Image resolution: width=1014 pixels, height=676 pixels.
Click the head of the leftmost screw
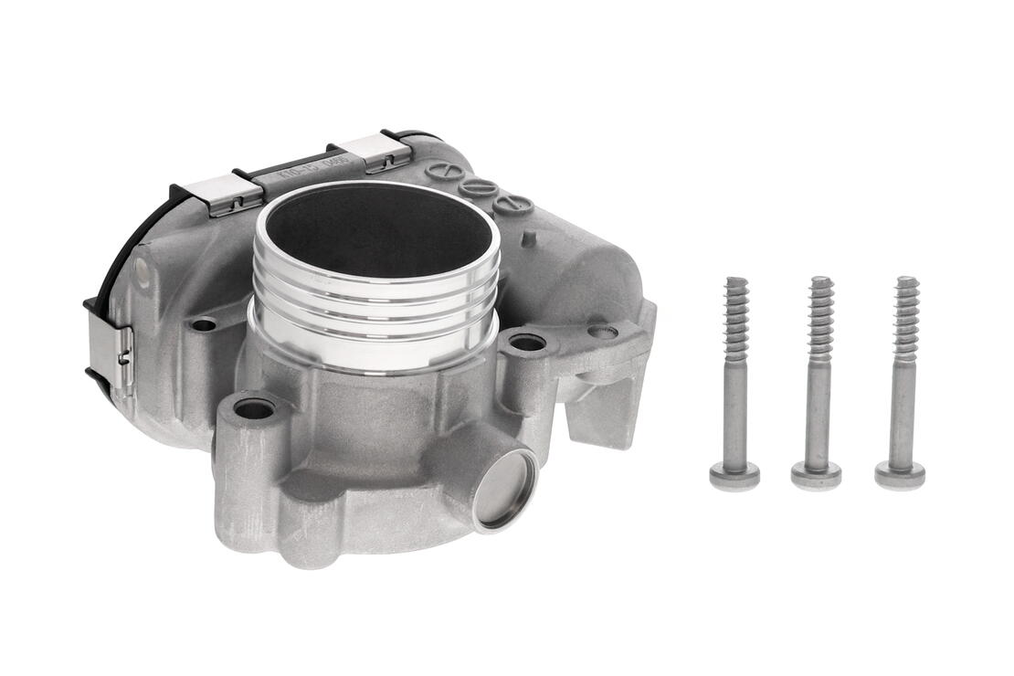point(734,474)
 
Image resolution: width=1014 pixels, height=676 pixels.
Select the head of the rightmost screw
point(900,474)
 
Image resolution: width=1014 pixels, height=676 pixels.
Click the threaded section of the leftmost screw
point(736,315)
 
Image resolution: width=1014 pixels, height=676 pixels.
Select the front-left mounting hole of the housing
point(254,409)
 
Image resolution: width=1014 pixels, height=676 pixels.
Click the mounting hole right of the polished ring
point(527,343)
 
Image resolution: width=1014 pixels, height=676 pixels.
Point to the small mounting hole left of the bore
point(204,324)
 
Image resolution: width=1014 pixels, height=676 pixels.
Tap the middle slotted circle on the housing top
point(478,187)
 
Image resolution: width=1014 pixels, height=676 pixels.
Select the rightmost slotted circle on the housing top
point(513,204)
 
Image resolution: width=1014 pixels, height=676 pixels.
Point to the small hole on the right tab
point(602,331)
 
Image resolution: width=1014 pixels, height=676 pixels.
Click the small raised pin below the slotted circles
point(529,239)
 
